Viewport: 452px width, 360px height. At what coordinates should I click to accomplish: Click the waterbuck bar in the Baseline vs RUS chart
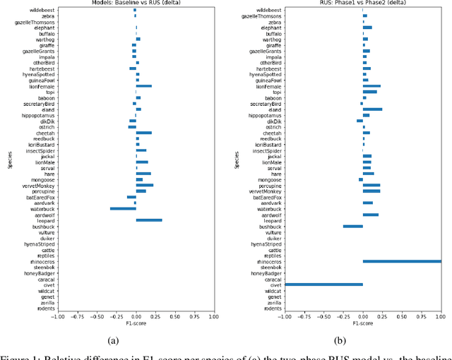[x=123, y=209]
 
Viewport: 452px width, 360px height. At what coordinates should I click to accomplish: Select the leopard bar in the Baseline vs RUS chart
[x=149, y=220]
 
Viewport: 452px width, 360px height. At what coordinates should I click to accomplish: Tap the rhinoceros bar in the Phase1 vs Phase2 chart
[x=402, y=261]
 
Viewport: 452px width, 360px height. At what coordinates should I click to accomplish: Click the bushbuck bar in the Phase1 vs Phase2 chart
[x=353, y=227]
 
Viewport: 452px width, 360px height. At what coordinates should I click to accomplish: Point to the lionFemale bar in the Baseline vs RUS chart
[x=144, y=86]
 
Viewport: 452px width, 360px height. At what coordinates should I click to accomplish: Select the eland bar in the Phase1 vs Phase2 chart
[x=372, y=109]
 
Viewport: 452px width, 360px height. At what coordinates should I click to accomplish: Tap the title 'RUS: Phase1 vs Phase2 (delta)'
[x=363, y=4]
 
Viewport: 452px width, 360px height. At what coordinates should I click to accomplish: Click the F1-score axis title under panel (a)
[x=136, y=324]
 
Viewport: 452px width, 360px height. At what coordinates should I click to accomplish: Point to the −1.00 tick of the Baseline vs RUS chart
[x=57, y=317]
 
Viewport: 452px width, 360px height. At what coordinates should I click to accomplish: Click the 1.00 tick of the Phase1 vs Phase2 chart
[x=441, y=317]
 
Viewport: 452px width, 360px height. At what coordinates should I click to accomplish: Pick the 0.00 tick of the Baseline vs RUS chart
[x=136, y=317]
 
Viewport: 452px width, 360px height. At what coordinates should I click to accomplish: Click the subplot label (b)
[x=363, y=340]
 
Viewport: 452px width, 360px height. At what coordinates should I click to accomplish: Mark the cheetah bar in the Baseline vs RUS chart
[x=144, y=133]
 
